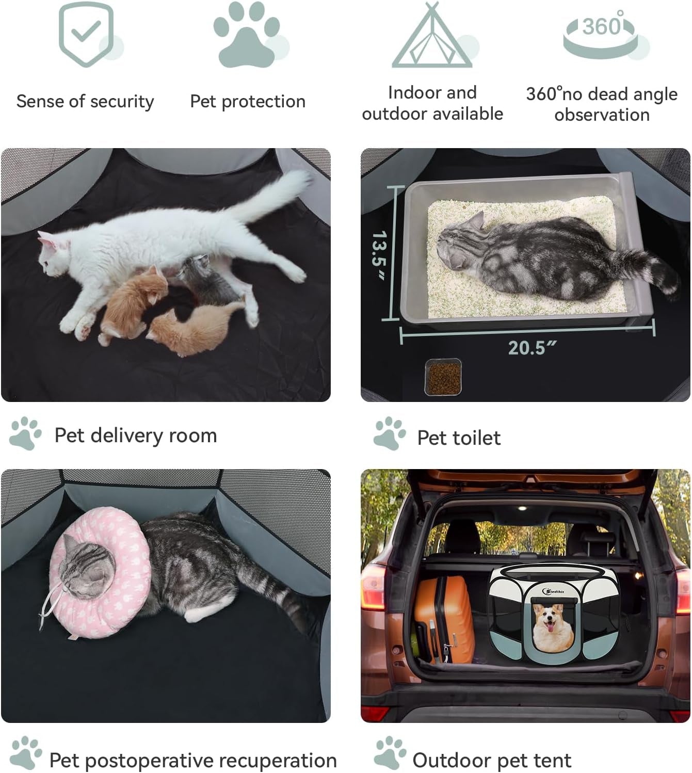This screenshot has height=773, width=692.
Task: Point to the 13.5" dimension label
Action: pos(379,254)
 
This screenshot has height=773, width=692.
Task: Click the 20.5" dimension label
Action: pos(532,348)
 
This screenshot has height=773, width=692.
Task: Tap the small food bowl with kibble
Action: pos(443,377)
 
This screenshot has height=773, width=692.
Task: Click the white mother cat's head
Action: pos(54,254)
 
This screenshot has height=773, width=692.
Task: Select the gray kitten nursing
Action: pos(207,281)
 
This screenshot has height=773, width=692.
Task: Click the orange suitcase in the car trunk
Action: pos(444,619)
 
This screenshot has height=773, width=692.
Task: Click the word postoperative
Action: pos(149,761)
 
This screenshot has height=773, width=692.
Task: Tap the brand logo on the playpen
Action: pos(553,591)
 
